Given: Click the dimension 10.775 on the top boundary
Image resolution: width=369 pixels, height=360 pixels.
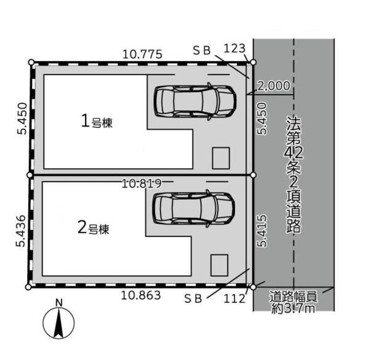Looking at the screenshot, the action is [143, 54].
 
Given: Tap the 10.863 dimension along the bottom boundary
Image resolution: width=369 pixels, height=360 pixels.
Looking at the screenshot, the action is [141, 295].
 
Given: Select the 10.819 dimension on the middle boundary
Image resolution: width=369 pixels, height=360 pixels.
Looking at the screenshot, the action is [142, 183].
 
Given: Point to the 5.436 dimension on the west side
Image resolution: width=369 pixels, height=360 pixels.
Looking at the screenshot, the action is [20, 231].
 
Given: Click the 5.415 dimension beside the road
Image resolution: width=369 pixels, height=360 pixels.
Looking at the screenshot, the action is [262, 231].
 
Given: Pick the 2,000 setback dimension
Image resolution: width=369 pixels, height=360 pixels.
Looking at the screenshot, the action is [274, 86].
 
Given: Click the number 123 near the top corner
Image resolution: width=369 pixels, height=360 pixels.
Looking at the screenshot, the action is [234, 49].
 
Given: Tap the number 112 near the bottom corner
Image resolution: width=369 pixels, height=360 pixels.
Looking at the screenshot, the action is [234, 299].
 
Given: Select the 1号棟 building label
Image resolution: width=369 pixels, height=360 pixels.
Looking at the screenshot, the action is [97, 121].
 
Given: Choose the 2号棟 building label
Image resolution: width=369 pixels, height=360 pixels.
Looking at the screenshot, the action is [93, 228].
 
